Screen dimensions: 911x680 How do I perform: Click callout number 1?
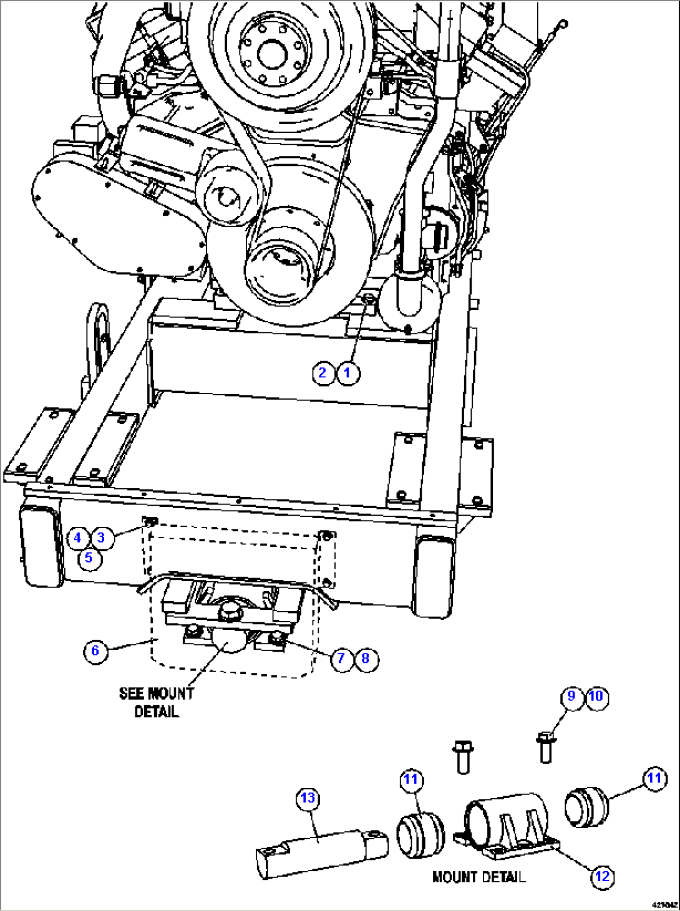pyautogui.click(x=348, y=374)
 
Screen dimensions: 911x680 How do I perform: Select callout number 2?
pyautogui.click(x=323, y=374)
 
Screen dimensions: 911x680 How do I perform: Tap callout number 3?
pyautogui.click(x=102, y=537)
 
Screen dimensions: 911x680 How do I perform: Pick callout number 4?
pyautogui.click(x=77, y=537)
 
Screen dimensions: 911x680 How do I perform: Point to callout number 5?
pyautogui.click(x=89, y=557)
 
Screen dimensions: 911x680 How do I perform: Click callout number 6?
pyautogui.click(x=95, y=652)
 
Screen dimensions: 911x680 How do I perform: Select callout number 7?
pyautogui.click(x=341, y=658)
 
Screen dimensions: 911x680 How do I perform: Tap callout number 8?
pyautogui.click(x=366, y=658)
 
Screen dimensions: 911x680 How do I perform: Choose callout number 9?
pyautogui.click(x=571, y=697)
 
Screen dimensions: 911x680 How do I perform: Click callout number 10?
pyautogui.click(x=596, y=697)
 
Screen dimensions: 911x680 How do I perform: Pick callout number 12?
pyautogui.click(x=602, y=877)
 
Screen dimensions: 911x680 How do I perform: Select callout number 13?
pyautogui.click(x=308, y=799)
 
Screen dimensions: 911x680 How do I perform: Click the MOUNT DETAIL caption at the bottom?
pyautogui.click(x=478, y=877)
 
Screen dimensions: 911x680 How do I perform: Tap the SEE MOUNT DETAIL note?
pyautogui.click(x=157, y=703)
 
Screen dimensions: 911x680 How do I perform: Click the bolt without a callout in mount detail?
pyautogui.click(x=462, y=756)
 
